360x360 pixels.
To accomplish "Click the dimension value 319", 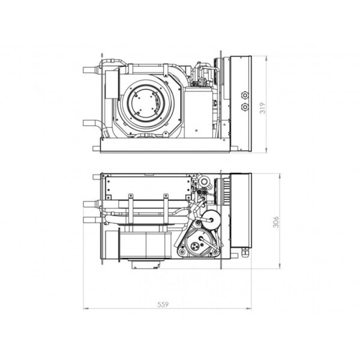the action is coord(262,107).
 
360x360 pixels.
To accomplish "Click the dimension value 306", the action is coord(276,222).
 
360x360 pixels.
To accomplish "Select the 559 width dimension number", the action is coord(163,304).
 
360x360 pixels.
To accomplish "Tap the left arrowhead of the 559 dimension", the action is coord(86,308).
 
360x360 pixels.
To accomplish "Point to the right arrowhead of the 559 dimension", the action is coord(249,308).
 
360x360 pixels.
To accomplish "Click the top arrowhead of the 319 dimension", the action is coord(266,58).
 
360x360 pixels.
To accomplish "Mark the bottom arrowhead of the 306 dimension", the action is coord(280,266).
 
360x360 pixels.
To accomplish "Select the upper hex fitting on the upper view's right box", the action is coord(245,95).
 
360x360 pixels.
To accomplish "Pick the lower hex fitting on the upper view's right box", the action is coord(245,107).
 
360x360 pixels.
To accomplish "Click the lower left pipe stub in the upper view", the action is coord(91,123).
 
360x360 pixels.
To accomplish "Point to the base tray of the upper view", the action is coord(165,145).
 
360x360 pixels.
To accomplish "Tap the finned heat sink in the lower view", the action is coord(222,192).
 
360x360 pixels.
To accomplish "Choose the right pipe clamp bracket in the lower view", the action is coord(166,210).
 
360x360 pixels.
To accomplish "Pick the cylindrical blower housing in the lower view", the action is coord(145,245).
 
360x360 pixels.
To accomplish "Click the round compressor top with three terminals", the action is coord(199,242).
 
